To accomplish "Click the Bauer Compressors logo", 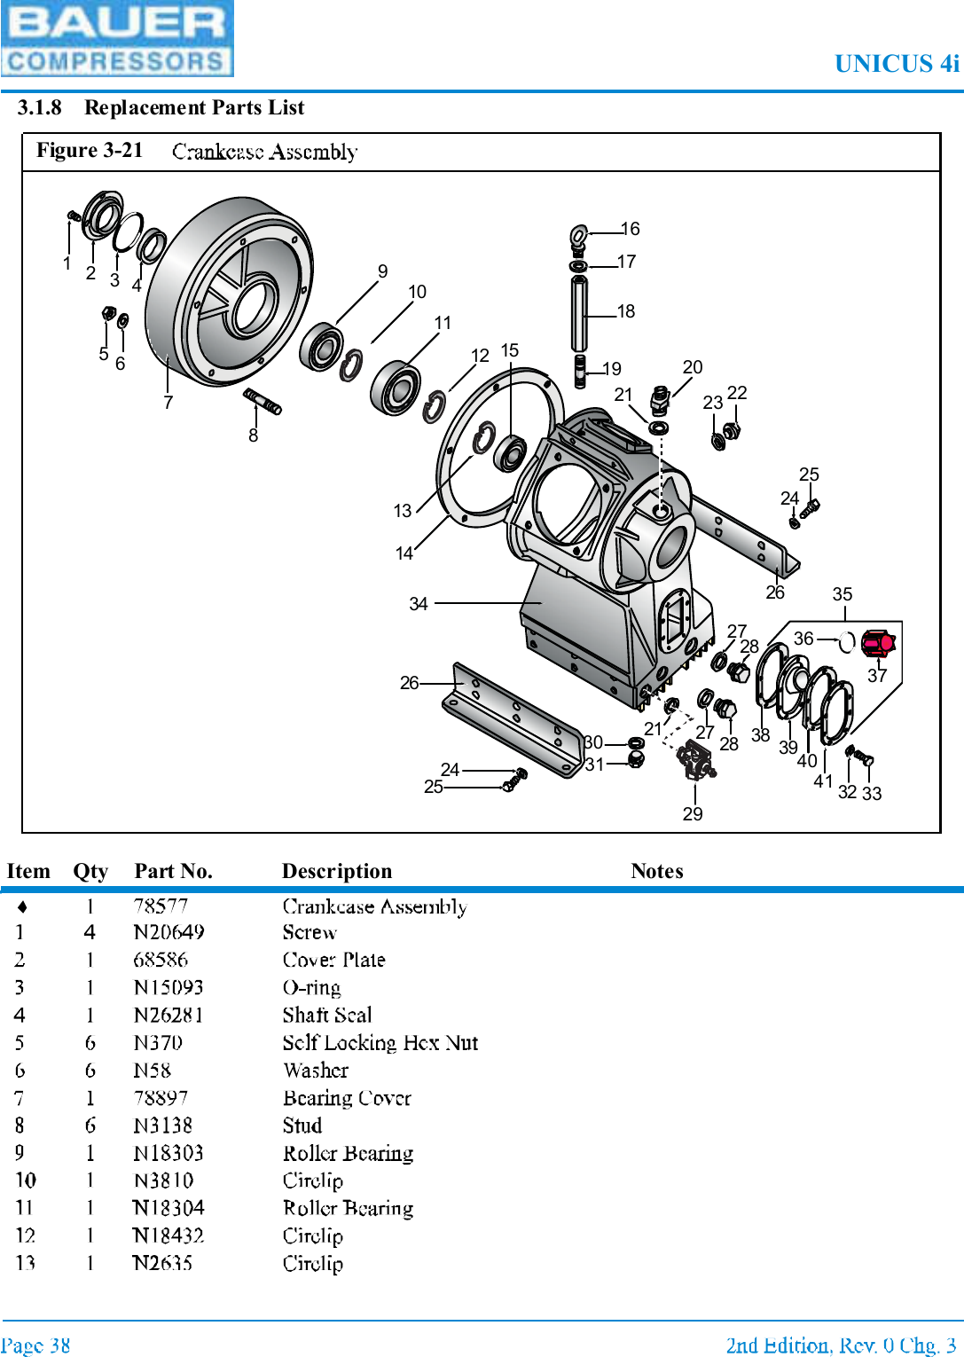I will (116, 38).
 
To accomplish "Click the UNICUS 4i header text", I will (896, 64).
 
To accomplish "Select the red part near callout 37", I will (878, 642).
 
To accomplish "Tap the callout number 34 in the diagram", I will (419, 604).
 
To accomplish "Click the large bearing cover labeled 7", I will (228, 293).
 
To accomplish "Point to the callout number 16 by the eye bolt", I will (630, 229).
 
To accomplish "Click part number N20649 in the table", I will (169, 932).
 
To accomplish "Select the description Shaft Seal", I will (326, 1015).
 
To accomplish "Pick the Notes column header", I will (656, 871).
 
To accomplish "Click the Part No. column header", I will (173, 871).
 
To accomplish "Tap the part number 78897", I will (161, 1098).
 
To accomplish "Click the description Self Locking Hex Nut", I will (380, 1043).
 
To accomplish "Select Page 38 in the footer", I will (35, 1345).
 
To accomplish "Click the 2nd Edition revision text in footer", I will (840, 1345).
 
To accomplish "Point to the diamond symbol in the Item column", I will (22, 906).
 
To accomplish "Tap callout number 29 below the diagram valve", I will (693, 813).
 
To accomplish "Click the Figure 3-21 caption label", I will (90, 150).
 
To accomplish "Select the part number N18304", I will (169, 1208).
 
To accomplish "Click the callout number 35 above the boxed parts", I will (843, 594).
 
